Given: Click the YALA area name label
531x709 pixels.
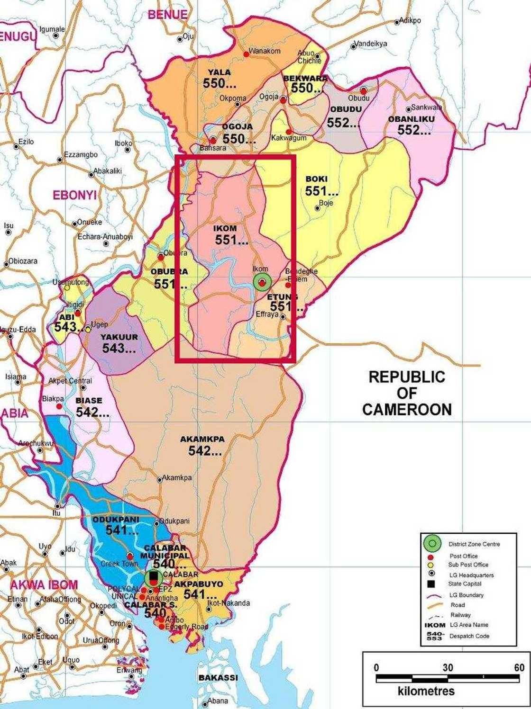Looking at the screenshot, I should (x=220, y=72).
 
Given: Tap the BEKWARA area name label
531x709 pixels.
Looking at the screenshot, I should (x=305, y=78).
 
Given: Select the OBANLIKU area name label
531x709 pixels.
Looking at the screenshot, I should (x=411, y=119).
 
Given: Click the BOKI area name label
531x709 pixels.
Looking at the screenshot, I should (x=316, y=179).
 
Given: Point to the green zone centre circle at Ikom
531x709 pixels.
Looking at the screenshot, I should (x=262, y=282).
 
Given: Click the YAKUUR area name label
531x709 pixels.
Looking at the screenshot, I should (x=119, y=337).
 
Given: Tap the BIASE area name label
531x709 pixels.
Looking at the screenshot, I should (x=89, y=401).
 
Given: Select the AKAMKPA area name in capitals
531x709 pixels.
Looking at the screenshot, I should (x=202, y=440).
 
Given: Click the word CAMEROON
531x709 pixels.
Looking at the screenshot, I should (x=407, y=410).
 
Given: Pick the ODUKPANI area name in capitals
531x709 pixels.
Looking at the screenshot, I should (x=116, y=520).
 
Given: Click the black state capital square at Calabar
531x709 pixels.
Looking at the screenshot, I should (x=153, y=576).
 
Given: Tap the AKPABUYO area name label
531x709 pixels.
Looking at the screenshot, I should (x=198, y=584).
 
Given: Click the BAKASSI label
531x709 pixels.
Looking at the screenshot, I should (x=218, y=678).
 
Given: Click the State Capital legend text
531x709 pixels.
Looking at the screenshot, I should (x=465, y=584).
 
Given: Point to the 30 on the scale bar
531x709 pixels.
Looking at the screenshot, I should (x=448, y=668).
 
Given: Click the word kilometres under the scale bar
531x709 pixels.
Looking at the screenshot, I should (x=426, y=691).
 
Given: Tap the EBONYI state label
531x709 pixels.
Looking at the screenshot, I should (x=74, y=195).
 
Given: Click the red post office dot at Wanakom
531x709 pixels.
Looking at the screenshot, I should (x=246, y=54).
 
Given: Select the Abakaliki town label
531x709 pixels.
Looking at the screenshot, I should (x=108, y=171).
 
